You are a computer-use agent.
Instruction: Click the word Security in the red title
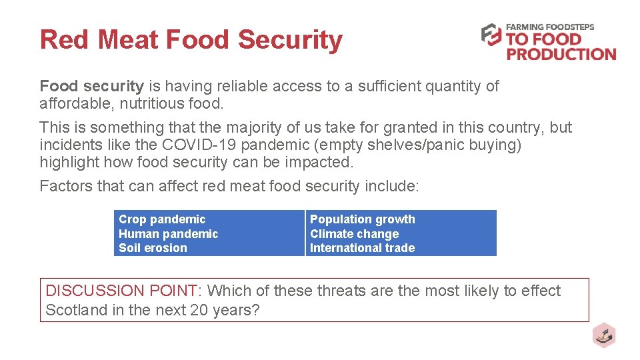pos(290,40)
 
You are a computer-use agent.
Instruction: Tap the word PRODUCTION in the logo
pos(561,54)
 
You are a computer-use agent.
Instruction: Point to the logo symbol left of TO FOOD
pos(491,35)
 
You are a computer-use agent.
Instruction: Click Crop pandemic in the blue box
pos(162,219)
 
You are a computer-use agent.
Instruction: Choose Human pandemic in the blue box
pos(168,234)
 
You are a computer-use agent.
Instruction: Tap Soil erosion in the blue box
pos(153,248)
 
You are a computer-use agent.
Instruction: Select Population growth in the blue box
pos(362,219)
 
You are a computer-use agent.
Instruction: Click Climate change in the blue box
pos(354,234)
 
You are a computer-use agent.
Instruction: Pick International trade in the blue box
pos(362,248)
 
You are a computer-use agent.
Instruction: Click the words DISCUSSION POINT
pos(121,291)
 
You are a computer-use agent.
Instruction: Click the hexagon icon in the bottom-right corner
pos(604,335)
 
